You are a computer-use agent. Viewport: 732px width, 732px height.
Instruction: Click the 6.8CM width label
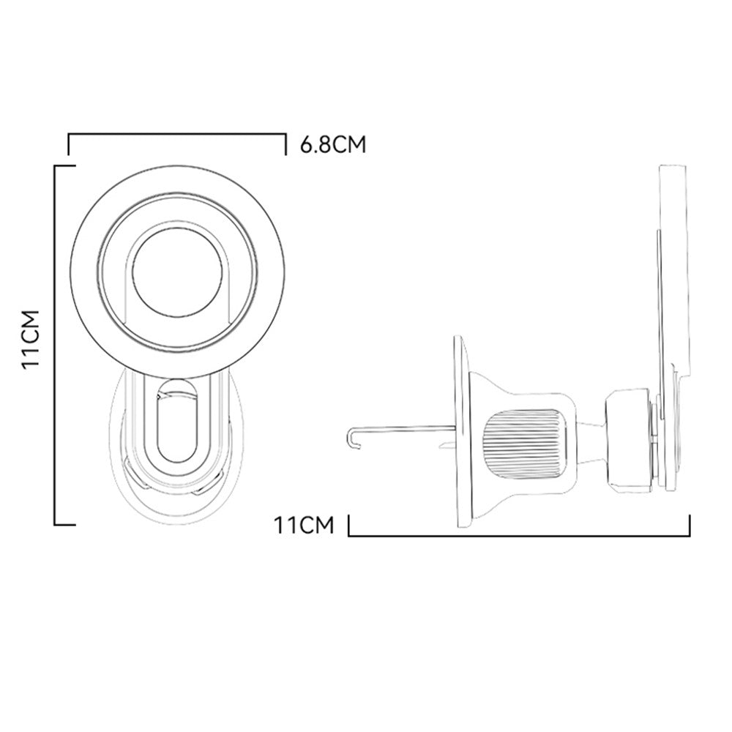coord(332,144)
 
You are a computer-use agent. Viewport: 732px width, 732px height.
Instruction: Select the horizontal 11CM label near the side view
coord(304,525)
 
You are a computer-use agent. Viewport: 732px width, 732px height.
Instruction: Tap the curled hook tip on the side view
coord(351,437)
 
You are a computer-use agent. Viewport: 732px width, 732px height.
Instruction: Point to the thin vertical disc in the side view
coord(460,432)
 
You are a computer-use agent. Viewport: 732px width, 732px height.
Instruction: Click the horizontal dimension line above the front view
coord(176,135)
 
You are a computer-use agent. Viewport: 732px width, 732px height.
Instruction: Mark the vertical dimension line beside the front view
coord(56,344)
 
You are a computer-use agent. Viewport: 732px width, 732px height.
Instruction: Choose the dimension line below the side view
coord(520,535)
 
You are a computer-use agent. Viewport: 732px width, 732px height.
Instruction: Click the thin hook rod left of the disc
coord(403,429)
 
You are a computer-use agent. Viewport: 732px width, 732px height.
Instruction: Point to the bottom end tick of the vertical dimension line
coord(66,524)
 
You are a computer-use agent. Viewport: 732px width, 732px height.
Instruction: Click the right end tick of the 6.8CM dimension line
coord(285,144)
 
